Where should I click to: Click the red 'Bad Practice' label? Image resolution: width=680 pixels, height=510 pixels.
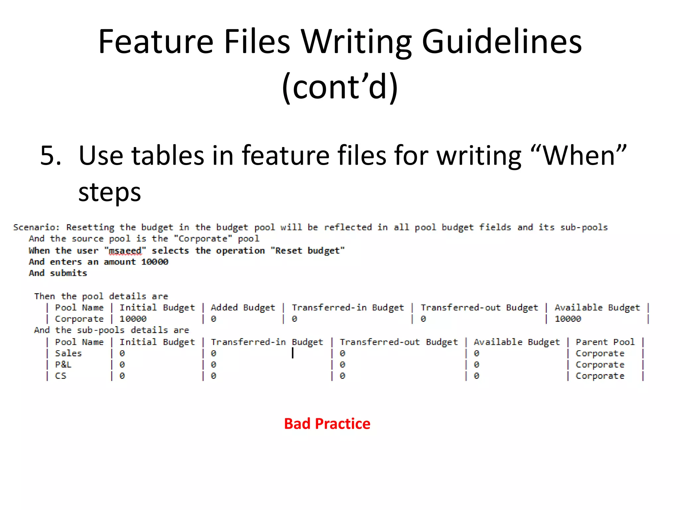click(x=327, y=424)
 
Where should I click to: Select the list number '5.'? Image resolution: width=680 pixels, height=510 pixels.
click(x=51, y=155)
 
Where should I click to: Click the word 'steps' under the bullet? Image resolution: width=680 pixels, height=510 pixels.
click(x=110, y=192)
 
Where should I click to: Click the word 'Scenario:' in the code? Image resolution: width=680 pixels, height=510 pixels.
click(x=36, y=227)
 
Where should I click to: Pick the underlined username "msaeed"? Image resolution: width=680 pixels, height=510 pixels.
click(x=125, y=251)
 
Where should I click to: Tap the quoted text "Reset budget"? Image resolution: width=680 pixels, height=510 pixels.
click(x=308, y=251)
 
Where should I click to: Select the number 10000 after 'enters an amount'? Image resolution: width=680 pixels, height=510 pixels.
click(x=155, y=262)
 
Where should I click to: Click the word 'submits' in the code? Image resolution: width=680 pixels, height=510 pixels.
click(x=68, y=273)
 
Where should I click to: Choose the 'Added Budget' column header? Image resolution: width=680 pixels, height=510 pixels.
click(x=243, y=308)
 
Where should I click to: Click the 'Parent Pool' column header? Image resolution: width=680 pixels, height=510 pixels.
click(x=605, y=342)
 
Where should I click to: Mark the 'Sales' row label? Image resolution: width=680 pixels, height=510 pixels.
click(x=68, y=353)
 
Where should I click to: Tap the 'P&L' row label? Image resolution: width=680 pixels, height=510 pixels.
click(x=63, y=365)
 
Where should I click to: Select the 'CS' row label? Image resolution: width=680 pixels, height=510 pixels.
click(x=60, y=376)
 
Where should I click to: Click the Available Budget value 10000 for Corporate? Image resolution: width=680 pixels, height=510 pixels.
click(x=568, y=319)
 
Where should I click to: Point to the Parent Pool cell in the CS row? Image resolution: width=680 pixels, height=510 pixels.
click(x=600, y=376)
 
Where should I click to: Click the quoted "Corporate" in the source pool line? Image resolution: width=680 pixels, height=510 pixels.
click(x=203, y=239)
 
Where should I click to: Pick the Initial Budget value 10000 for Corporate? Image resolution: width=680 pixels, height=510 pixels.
click(x=133, y=319)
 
